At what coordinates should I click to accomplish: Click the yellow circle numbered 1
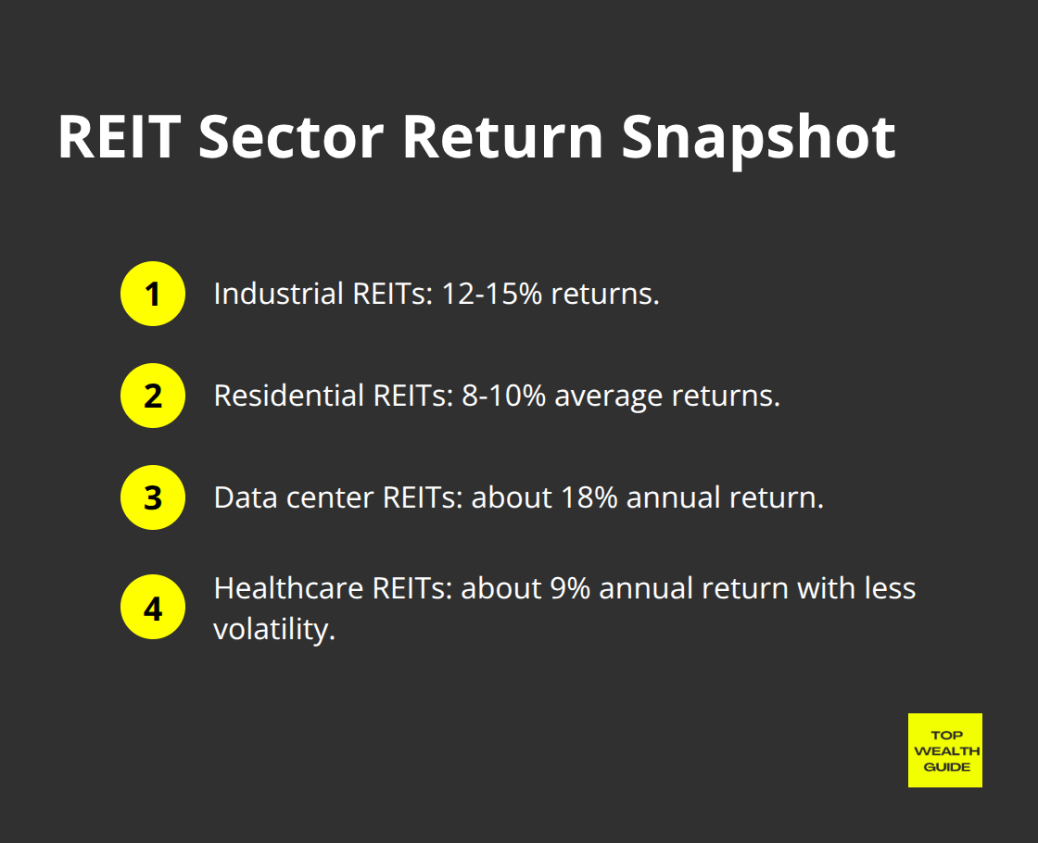pyautogui.click(x=153, y=295)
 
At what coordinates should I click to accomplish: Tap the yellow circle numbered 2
pyautogui.click(x=153, y=396)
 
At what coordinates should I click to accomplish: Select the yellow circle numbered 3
pyautogui.click(x=153, y=498)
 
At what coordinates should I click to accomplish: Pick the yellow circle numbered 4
pyautogui.click(x=153, y=610)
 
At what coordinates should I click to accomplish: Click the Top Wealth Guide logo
pyautogui.click(x=944, y=750)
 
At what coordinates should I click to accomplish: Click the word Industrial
pyautogui.click(x=277, y=295)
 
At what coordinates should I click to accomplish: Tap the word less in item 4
pyautogui.click(x=891, y=589)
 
